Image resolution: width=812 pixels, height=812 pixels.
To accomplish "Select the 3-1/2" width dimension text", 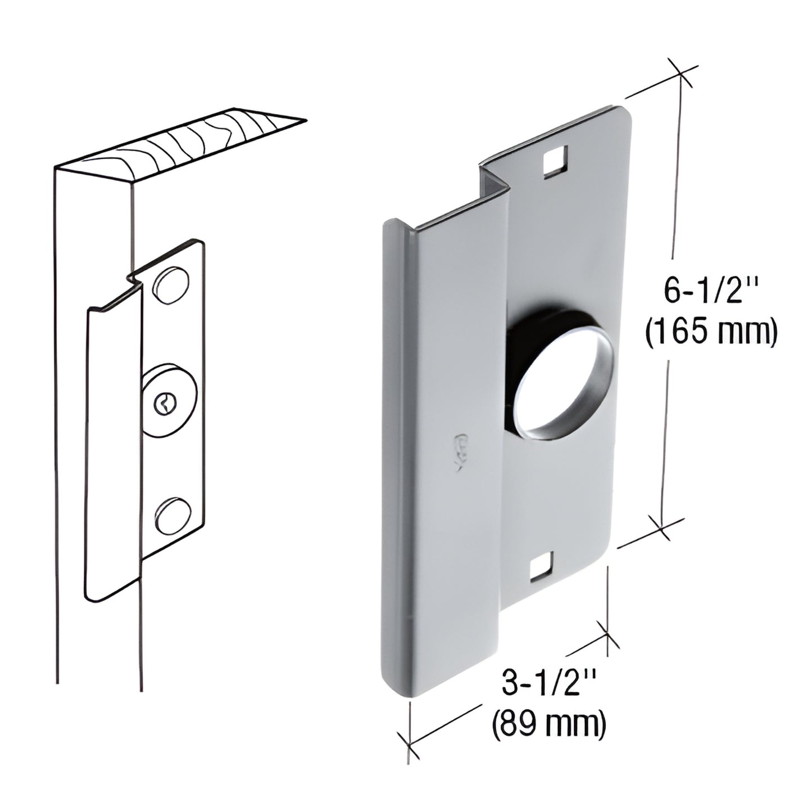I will point(548,686).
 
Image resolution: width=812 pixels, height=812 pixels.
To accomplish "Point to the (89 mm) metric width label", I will point(548,725).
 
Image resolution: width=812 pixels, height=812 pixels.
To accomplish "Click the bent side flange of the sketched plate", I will point(112,450).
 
